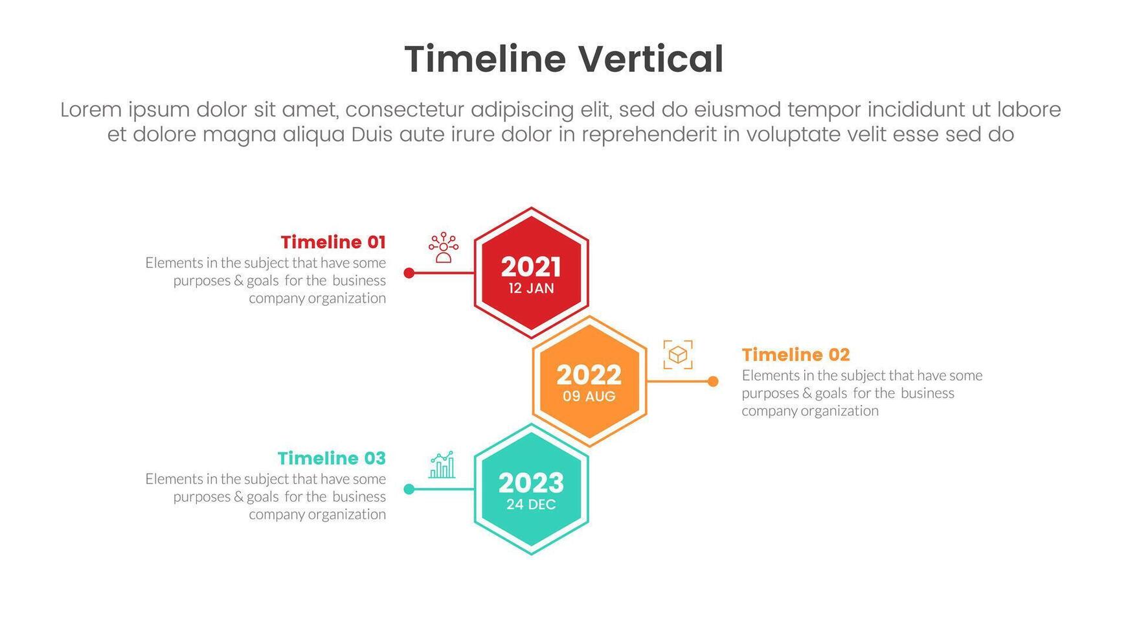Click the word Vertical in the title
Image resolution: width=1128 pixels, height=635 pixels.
pos(650,59)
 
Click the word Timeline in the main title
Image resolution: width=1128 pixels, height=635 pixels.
pos(485,59)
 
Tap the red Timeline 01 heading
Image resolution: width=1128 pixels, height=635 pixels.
pos(333,242)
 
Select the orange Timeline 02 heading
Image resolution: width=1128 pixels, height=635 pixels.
pos(796,355)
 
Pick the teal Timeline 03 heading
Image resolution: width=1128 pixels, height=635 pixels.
pos(332,459)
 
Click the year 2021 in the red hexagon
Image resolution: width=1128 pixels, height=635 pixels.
pos(531,267)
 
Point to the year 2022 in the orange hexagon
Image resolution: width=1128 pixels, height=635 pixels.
pos(589,375)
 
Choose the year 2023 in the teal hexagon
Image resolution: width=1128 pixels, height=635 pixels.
pos(531,483)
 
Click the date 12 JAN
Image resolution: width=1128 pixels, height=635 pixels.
pos(531,288)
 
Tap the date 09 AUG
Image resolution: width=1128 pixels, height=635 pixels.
pos(589,397)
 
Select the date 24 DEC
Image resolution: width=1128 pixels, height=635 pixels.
pos(531,505)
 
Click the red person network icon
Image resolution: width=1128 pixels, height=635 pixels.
pos(444,248)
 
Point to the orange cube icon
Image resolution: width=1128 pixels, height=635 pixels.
pos(678,355)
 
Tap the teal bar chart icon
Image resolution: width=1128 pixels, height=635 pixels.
pos(442,465)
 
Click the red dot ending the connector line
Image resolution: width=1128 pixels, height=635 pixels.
pos(409,273)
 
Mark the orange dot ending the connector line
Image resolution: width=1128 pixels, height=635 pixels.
pos(713,381)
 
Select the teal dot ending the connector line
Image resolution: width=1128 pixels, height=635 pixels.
pos(409,489)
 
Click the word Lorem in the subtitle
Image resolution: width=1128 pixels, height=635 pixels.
pos(91,110)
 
